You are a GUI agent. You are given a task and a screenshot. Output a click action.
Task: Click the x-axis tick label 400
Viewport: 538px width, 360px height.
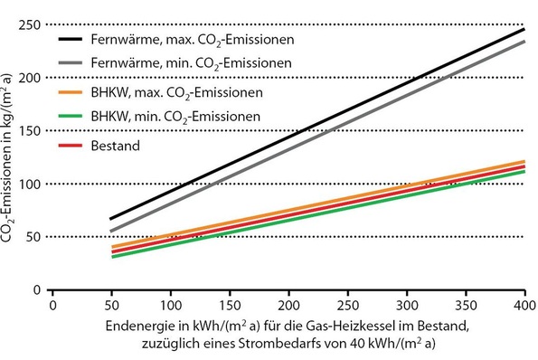pos(524,306)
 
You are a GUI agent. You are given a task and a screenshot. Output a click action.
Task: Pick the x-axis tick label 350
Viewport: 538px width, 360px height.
pos(466,306)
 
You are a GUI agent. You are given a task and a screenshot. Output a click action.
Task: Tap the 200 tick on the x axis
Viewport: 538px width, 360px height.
pos(288,306)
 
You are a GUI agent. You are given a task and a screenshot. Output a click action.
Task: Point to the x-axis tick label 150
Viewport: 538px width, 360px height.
pos(230,306)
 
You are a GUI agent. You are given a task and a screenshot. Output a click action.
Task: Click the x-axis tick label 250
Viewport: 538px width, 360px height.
pos(347,306)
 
